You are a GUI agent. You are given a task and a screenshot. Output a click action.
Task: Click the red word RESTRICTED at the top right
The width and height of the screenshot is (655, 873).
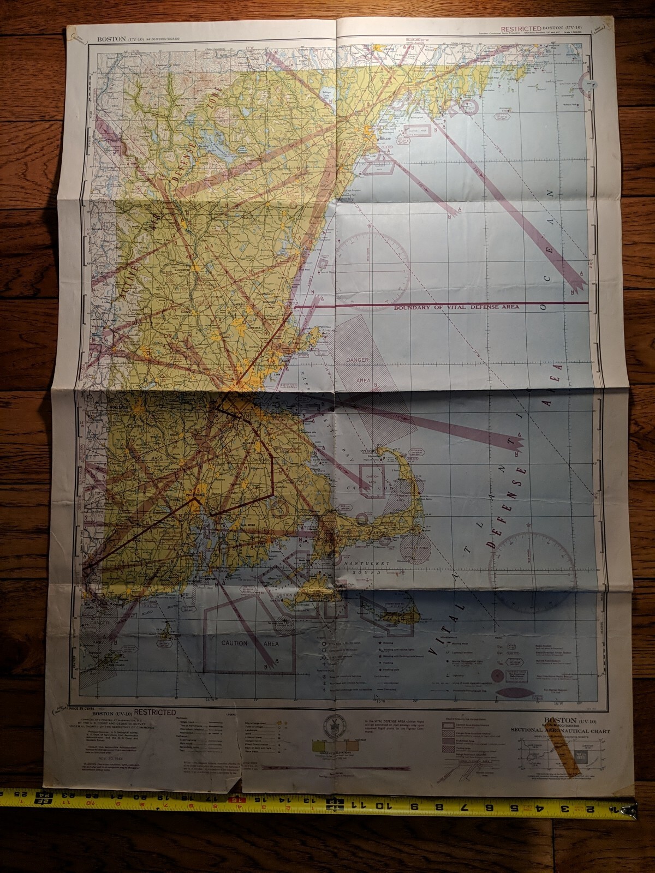tap(521, 29)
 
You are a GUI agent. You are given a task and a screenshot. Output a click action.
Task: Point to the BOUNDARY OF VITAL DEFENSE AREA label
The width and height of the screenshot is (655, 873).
tap(456, 307)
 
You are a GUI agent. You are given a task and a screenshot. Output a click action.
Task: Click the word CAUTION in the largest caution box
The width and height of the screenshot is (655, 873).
tap(234, 643)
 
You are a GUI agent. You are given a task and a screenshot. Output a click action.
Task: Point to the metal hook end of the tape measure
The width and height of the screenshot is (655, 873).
tap(634, 807)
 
